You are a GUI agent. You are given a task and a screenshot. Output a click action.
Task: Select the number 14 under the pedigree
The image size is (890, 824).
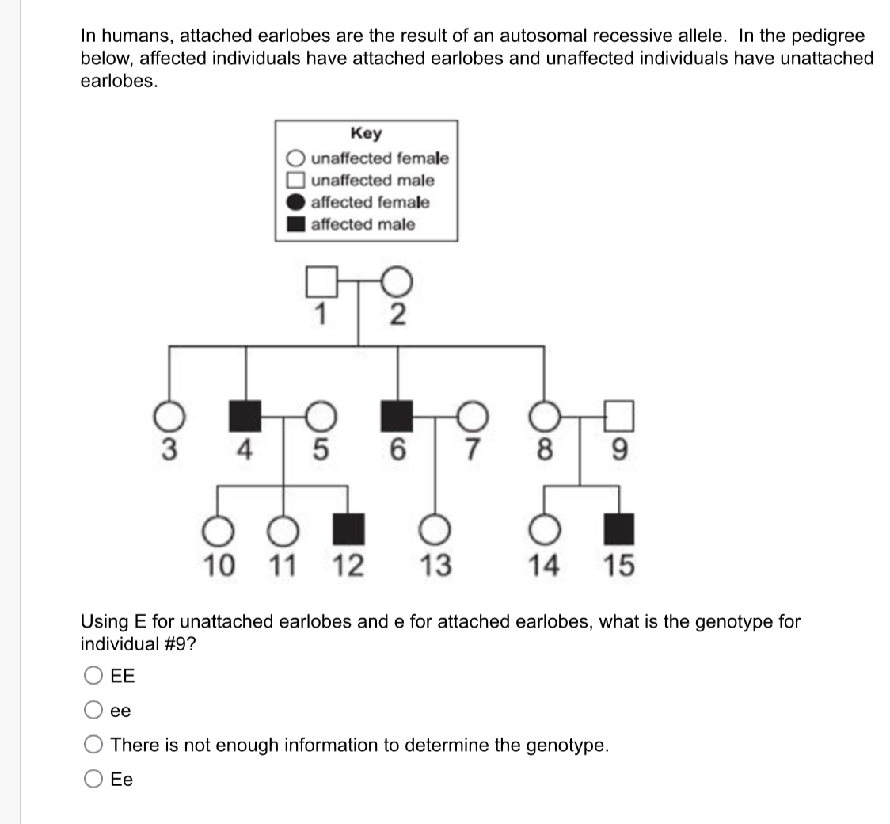click(x=544, y=566)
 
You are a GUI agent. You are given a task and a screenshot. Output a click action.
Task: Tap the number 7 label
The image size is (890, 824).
click(x=473, y=450)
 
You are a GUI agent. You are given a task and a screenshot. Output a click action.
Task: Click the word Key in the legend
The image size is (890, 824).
click(x=365, y=133)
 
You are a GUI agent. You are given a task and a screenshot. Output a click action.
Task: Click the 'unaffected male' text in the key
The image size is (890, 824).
click(x=372, y=181)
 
